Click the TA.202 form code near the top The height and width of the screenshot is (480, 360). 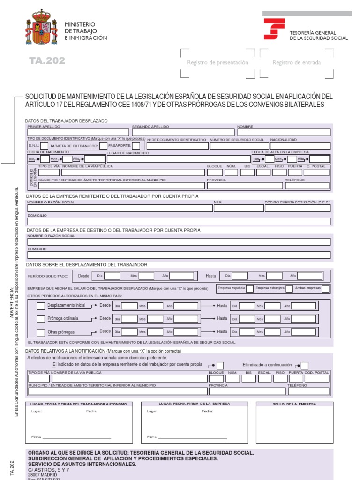tap(47, 61)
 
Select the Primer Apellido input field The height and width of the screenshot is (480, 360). tap(78, 133)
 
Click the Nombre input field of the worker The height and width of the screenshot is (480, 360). tap(283, 133)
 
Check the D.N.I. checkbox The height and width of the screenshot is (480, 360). tap(44, 146)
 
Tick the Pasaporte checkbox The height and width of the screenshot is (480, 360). tap(135, 146)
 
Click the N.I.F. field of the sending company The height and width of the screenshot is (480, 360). tap(238, 208)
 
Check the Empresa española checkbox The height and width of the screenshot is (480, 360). tap(250, 288)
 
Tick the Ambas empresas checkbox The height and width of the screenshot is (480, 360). tap(325, 288)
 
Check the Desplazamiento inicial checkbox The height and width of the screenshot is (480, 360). tap(41, 306)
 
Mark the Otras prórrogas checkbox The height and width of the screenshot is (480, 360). tap(41, 332)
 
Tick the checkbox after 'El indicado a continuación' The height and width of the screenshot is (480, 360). tap(305, 365)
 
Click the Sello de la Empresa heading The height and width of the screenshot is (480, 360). tap(294, 404)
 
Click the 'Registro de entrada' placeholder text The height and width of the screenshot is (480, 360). tap(296, 62)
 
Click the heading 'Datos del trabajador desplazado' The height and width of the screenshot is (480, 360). tap(67, 121)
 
